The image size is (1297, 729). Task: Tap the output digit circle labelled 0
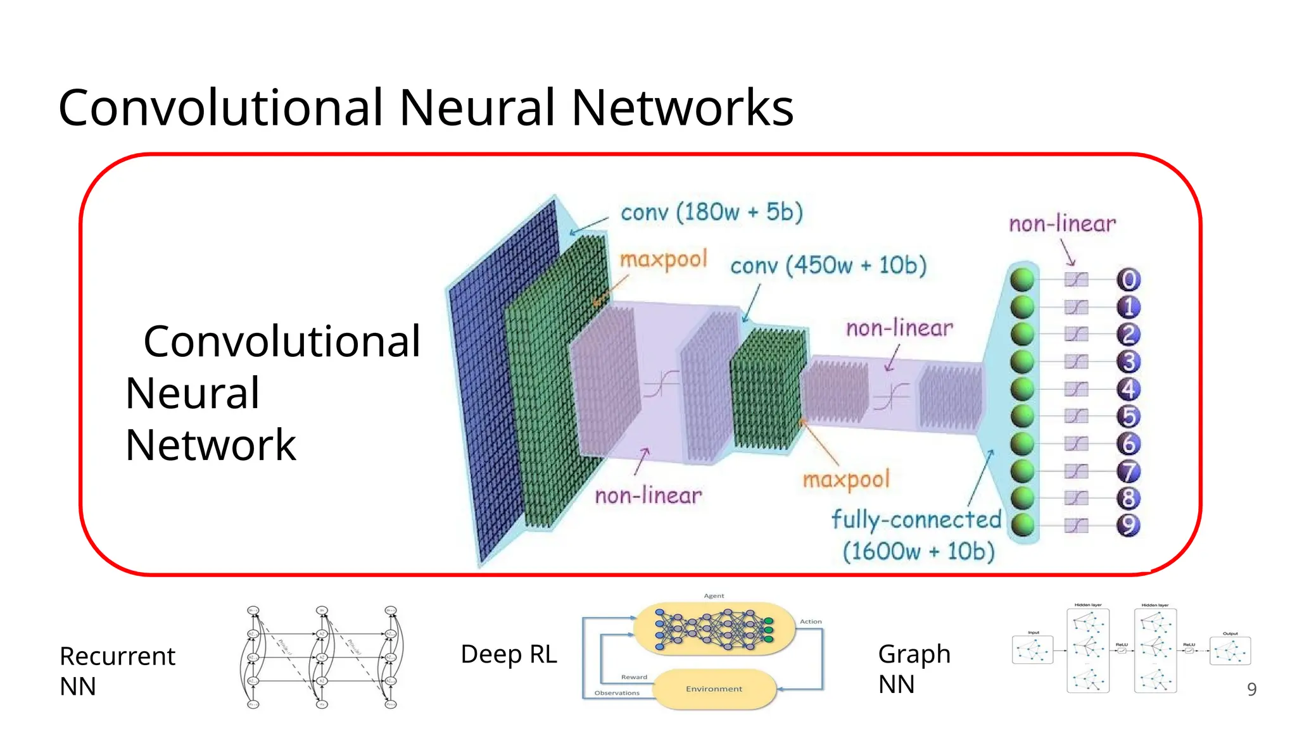click(x=1128, y=280)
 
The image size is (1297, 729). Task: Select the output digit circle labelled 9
click(x=1128, y=525)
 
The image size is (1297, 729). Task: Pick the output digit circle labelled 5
click(x=1128, y=416)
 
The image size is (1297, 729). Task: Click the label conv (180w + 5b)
click(x=711, y=213)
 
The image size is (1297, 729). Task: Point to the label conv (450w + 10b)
click(x=828, y=265)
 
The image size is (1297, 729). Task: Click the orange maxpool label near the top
click(x=662, y=259)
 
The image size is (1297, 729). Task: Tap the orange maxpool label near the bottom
click(x=846, y=480)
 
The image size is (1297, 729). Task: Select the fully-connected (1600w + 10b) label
click(x=916, y=535)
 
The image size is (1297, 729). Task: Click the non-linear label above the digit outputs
click(x=1062, y=224)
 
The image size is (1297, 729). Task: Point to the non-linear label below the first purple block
click(x=648, y=495)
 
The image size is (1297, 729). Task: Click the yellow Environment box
click(x=714, y=689)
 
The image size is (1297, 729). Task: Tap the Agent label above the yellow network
click(x=714, y=596)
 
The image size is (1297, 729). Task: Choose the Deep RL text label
click(x=509, y=654)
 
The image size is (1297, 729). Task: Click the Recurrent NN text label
click(x=117, y=671)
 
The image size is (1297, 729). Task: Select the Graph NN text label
click(x=914, y=669)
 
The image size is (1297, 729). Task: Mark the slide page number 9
click(x=1251, y=689)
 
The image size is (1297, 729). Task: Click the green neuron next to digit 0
click(x=1022, y=280)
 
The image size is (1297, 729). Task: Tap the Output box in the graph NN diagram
click(x=1230, y=651)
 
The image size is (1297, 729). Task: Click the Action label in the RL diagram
click(x=810, y=622)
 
